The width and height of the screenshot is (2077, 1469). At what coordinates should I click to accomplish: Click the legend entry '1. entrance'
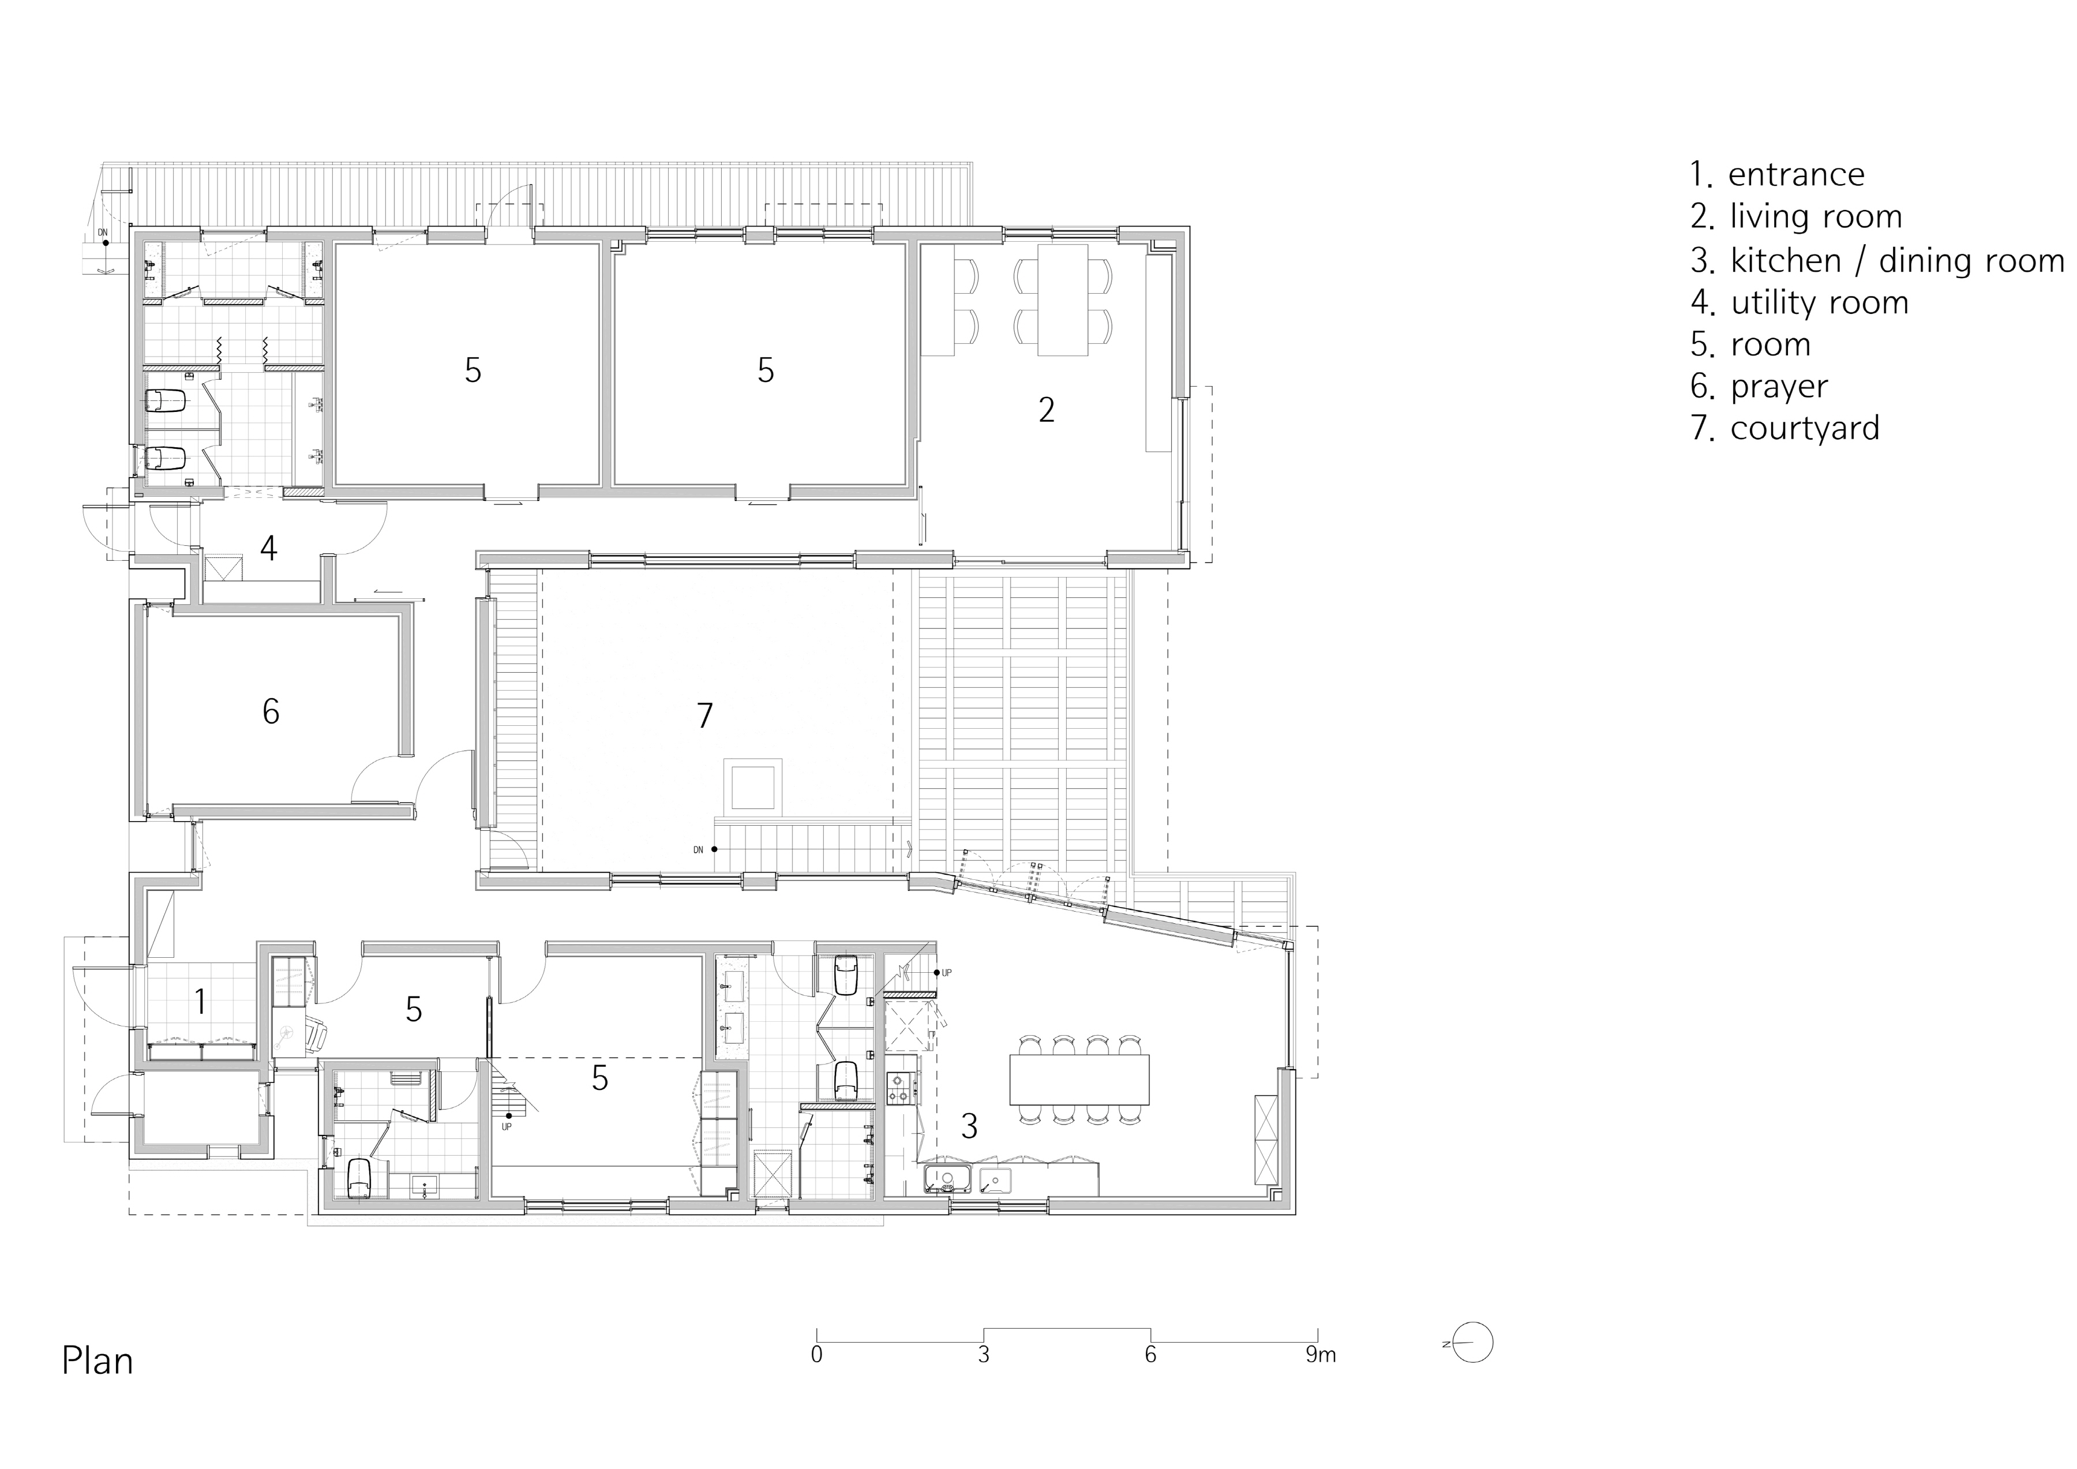(1778, 175)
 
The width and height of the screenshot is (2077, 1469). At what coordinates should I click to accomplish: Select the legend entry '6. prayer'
(1760, 386)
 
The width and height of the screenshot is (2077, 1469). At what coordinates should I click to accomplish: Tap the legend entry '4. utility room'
(1799, 302)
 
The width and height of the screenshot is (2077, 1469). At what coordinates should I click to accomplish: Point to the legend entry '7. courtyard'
(1785, 428)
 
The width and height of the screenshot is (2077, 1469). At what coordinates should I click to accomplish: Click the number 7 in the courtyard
(704, 715)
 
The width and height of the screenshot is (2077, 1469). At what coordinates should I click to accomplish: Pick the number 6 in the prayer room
(271, 712)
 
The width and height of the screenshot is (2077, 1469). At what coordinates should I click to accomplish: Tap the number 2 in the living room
(1047, 411)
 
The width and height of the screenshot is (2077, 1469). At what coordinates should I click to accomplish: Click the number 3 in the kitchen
(969, 1126)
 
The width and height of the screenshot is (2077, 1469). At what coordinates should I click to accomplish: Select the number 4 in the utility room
(269, 547)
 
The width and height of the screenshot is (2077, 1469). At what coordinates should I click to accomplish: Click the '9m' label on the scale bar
(1321, 1355)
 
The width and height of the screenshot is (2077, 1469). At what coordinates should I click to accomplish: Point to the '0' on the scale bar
(817, 1355)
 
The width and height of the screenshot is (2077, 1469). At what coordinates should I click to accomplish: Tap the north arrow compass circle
(1475, 1343)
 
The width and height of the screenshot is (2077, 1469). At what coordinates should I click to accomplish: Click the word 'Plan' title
(98, 1361)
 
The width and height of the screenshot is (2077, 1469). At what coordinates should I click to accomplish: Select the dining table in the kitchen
(1079, 1079)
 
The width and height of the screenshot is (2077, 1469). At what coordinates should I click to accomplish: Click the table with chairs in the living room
(1063, 299)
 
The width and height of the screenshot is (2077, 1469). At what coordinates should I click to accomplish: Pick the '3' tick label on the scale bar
(983, 1355)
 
